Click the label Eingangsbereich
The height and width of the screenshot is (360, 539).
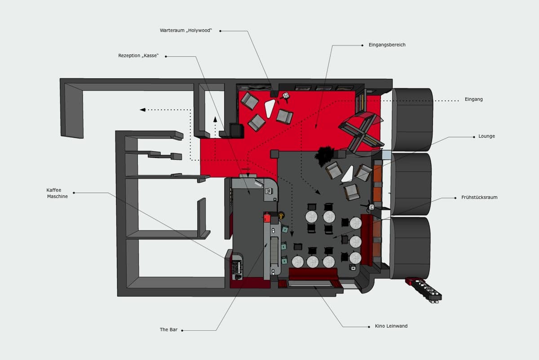tap(387, 45)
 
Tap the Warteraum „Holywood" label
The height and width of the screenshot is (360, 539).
tap(186, 31)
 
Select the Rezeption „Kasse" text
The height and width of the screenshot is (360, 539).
tap(138, 56)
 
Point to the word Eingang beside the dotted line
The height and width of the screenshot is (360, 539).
tap(473, 99)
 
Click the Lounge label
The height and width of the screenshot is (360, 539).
tap(486, 136)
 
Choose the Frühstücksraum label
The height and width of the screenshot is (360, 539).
tap(479, 198)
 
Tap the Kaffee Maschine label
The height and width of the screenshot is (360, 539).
tap(57, 193)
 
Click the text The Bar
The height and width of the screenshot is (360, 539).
tap(168, 330)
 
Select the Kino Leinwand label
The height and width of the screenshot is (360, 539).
tap(391, 326)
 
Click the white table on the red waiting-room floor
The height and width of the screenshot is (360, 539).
tap(270, 108)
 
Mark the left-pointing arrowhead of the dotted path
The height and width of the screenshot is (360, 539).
tap(142, 109)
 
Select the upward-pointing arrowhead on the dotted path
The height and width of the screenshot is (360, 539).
tap(215, 119)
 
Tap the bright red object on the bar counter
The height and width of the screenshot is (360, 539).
tap(267, 218)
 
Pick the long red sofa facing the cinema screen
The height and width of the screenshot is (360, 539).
tap(313, 274)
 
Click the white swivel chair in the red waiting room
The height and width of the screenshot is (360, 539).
tap(285, 96)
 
